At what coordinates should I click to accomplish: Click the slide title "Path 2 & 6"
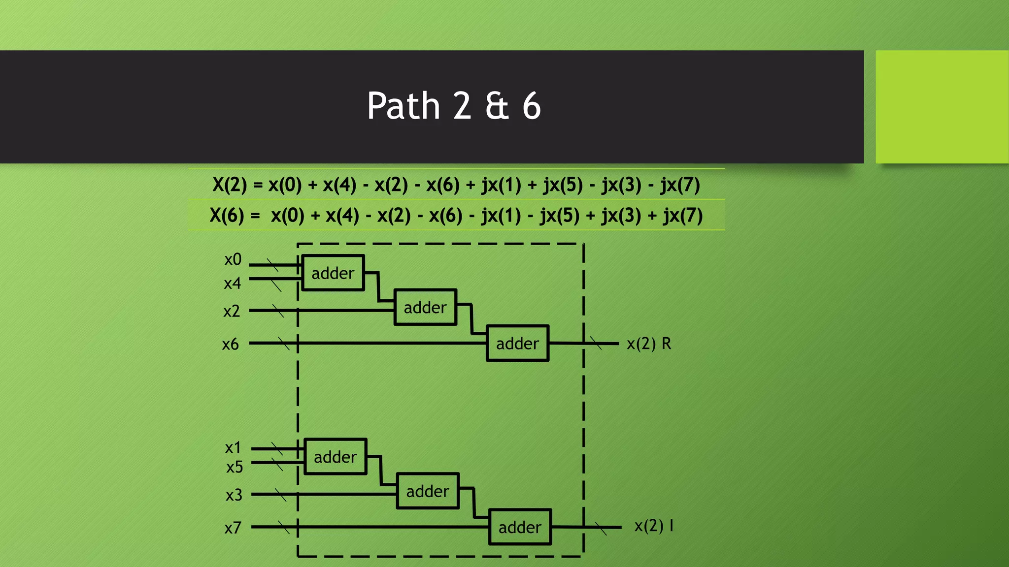click(x=454, y=106)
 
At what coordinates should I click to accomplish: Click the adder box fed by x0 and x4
click(x=333, y=273)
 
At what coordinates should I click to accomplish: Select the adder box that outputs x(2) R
click(x=517, y=343)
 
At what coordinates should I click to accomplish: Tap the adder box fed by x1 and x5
click(x=335, y=457)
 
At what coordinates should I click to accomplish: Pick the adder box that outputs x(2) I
click(x=520, y=527)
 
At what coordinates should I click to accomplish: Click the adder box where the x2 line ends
click(x=425, y=307)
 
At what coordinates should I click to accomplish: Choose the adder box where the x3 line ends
click(x=428, y=491)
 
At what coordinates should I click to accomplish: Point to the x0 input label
click(x=233, y=259)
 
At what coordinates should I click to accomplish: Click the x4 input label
click(x=233, y=283)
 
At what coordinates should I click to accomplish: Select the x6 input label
click(x=231, y=344)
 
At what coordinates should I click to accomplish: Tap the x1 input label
click(x=233, y=448)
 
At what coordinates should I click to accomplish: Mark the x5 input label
click(x=235, y=467)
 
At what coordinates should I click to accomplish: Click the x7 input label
click(x=233, y=528)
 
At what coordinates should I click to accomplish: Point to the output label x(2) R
click(x=648, y=344)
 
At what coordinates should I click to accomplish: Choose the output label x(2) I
click(x=653, y=526)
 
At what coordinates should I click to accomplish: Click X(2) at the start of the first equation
click(x=229, y=185)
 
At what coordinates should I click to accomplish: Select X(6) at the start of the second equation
click(x=227, y=216)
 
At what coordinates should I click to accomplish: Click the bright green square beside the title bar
click(x=942, y=107)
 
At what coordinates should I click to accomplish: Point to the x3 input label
click(x=234, y=495)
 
